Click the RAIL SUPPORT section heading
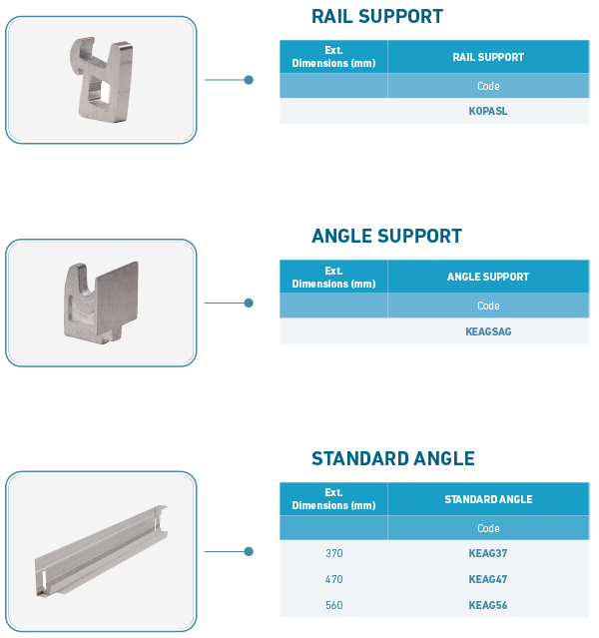tap(377, 17)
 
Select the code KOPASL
tap(488, 111)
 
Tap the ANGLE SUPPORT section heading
tap(386, 236)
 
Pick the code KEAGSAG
tap(488, 331)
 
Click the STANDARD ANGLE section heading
tap(393, 458)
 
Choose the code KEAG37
tap(488, 553)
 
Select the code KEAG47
tap(488, 579)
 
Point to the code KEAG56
tap(488, 605)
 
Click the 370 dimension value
tap(334, 553)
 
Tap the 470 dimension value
tap(334, 579)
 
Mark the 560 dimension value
tap(334, 605)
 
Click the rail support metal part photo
tap(102, 80)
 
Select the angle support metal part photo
tap(101, 303)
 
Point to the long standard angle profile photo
tap(101, 551)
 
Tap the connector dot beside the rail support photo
tap(249, 80)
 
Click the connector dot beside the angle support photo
tap(249, 303)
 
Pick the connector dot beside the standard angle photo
tap(249, 551)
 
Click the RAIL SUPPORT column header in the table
tap(488, 57)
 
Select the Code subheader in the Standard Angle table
tap(488, 528)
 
